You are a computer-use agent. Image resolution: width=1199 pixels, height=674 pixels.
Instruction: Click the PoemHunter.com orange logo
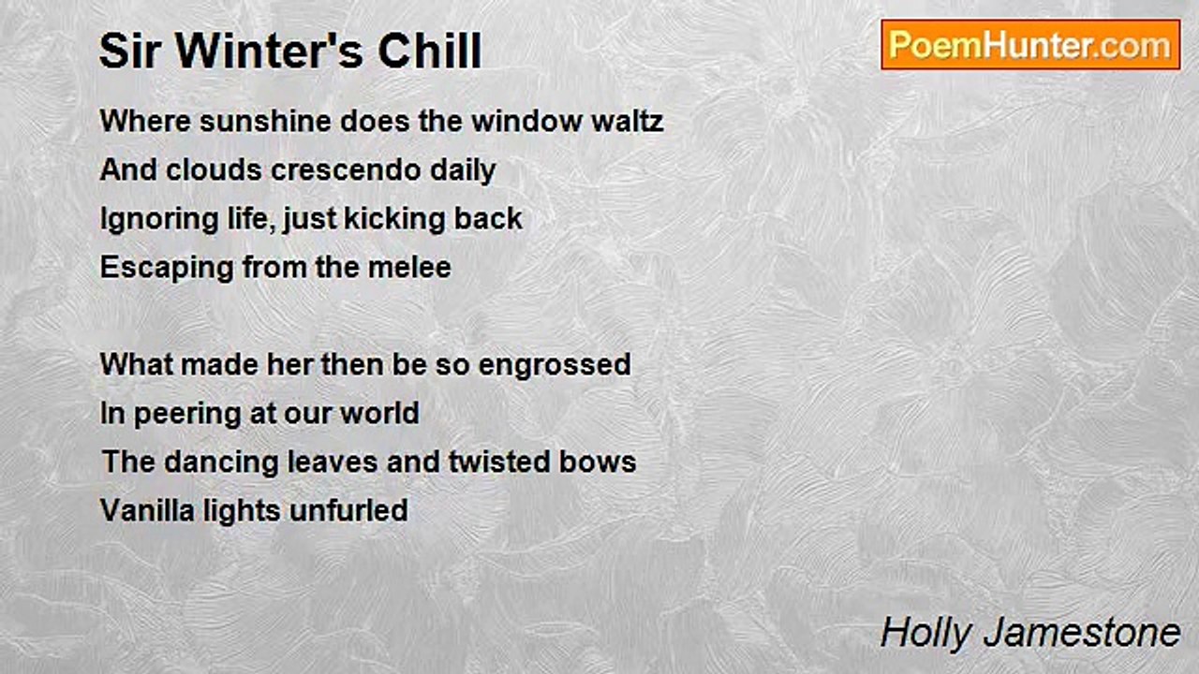pyautogui.click(x=1030, y=45)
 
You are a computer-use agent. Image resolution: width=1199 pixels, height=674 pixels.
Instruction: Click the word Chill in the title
pyautogui.click(x=430, y=51)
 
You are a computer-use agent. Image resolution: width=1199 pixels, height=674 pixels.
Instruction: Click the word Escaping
pyautogui.click(x=167, y=269)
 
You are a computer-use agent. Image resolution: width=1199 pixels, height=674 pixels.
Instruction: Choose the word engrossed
pyautogui.click(x=555, y=366)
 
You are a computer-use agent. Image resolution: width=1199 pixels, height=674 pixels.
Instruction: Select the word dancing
pyautogui.click(x=221, y=463)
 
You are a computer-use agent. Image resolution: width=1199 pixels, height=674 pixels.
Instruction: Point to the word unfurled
pyautogui.click(x=348, y=510)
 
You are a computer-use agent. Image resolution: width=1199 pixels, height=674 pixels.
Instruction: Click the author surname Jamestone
pyautogui.click(x=1082, y=632)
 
